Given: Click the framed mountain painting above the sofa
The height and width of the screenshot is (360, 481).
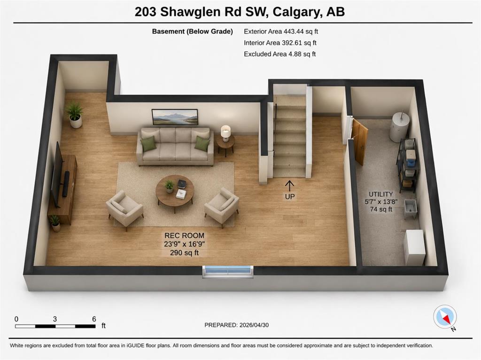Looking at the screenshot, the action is coord(175,117).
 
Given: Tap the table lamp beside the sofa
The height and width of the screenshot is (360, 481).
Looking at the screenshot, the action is coord(226,133).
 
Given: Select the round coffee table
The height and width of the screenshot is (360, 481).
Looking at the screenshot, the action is coord(175,192).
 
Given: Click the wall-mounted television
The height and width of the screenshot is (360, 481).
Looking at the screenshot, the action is coord(57,174).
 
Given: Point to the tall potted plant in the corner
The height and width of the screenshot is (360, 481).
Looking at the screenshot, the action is coord(74,115).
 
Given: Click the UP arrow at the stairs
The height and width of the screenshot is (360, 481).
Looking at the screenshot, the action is coord(289,185).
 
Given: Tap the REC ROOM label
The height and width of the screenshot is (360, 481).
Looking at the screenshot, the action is coord(184,236).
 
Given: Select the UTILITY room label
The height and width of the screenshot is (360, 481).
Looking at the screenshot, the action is coord(380,194).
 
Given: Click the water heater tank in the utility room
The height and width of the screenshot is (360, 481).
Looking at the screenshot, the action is coord(399,126).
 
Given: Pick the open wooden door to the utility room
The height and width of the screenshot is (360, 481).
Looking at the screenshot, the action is coord(360,142).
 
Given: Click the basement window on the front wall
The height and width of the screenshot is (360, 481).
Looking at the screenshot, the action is coord(228,272).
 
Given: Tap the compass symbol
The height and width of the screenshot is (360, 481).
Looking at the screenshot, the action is coord(445,317).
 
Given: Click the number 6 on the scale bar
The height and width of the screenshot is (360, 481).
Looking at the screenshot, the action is coord(94,319).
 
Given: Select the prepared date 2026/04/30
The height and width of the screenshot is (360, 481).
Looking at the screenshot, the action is coord(254,325).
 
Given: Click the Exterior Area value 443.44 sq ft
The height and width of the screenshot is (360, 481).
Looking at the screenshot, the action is coord(301,31).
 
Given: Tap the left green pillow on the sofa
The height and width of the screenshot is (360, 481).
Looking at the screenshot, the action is coord(148,144).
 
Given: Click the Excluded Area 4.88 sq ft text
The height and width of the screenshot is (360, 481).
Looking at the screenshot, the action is coord(280,54).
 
